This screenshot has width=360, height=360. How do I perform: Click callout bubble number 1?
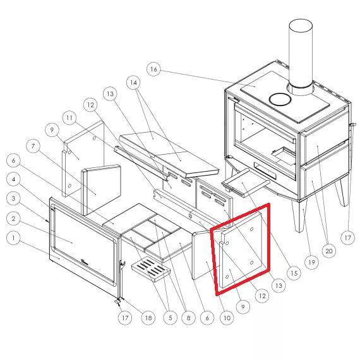13,238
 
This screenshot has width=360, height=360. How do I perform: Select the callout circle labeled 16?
153,69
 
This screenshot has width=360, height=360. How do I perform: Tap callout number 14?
134,83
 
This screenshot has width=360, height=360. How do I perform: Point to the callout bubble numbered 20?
329,251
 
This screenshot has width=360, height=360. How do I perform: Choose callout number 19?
311,262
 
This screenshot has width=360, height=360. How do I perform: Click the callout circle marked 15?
294,273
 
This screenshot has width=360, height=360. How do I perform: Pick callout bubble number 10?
227,318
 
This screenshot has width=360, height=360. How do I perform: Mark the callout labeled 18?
148,318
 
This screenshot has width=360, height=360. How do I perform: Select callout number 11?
69,118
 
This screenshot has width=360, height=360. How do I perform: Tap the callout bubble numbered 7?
33,146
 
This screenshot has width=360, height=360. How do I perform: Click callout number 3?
13,198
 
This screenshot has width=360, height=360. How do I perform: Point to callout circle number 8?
188,318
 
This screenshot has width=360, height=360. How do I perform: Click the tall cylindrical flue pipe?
301,56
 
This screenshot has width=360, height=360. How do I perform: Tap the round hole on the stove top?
280,99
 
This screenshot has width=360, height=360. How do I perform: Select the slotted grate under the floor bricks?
151,269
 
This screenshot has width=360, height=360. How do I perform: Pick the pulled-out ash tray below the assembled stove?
245,183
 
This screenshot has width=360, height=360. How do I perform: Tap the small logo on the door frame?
85,261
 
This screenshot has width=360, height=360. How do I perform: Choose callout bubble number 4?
13,179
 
